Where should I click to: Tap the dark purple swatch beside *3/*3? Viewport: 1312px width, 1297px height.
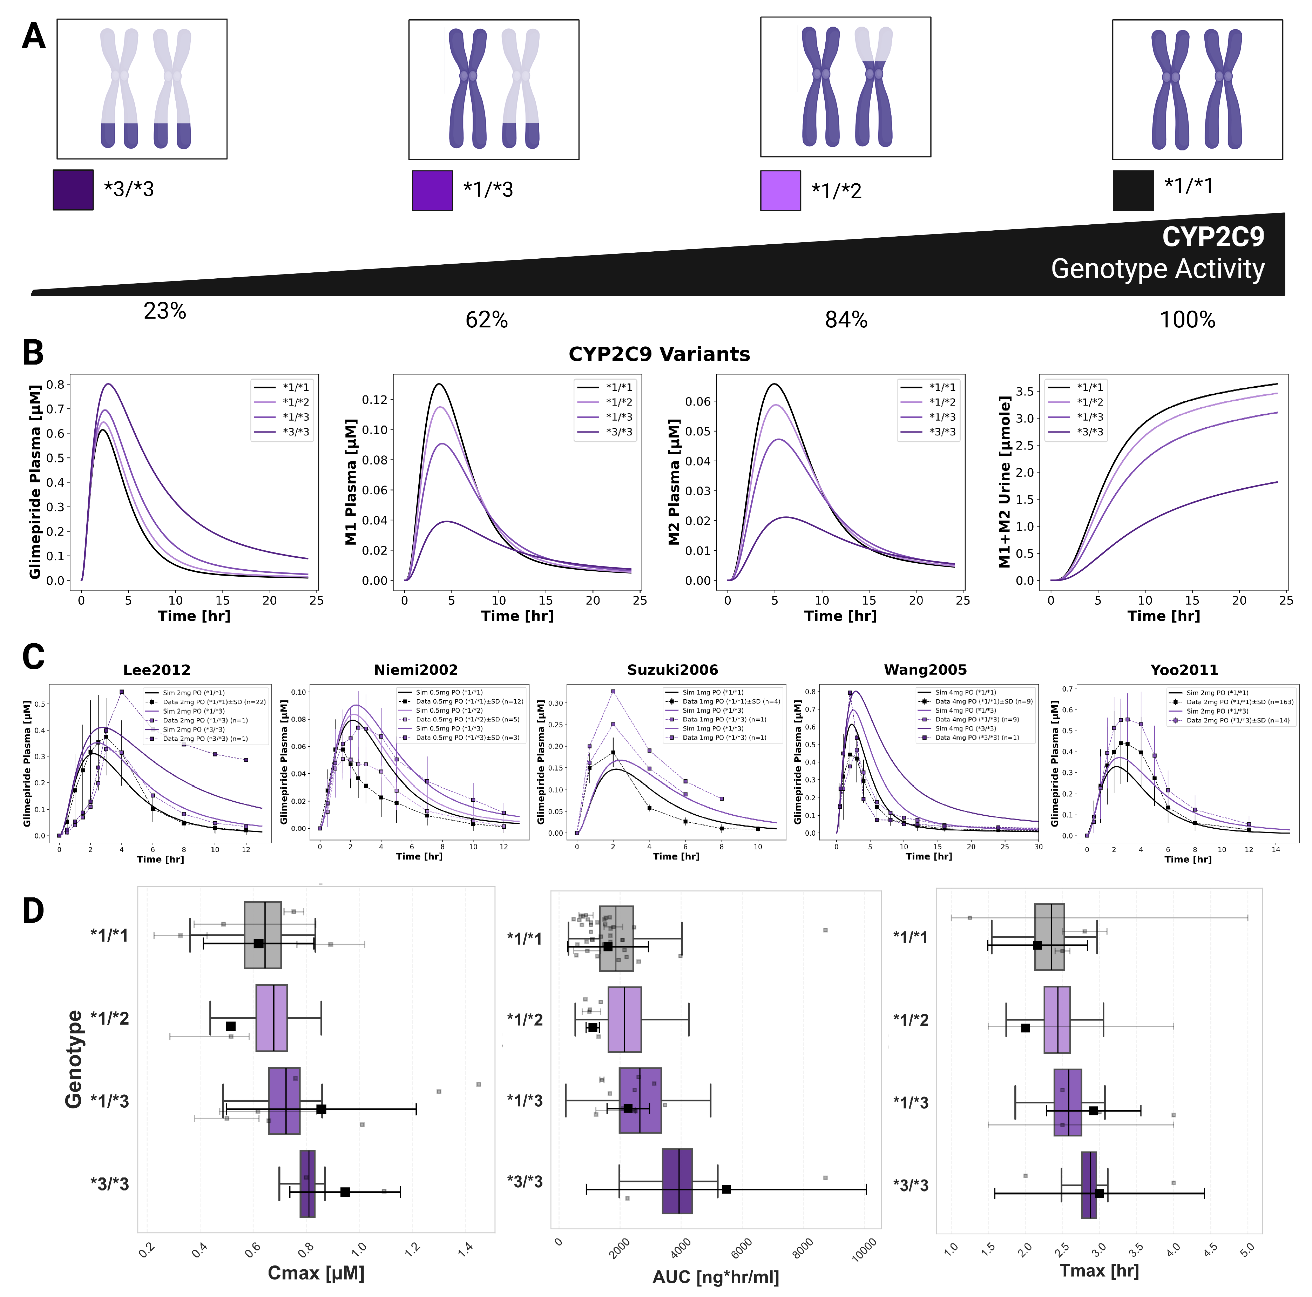(73, 189)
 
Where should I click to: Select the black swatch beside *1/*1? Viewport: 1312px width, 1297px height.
(1133, 190)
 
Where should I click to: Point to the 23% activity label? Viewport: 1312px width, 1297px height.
(164, 311)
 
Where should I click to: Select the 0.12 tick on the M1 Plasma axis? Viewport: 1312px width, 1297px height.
(374, 400)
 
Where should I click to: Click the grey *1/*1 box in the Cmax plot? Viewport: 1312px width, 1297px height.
(263, 935)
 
